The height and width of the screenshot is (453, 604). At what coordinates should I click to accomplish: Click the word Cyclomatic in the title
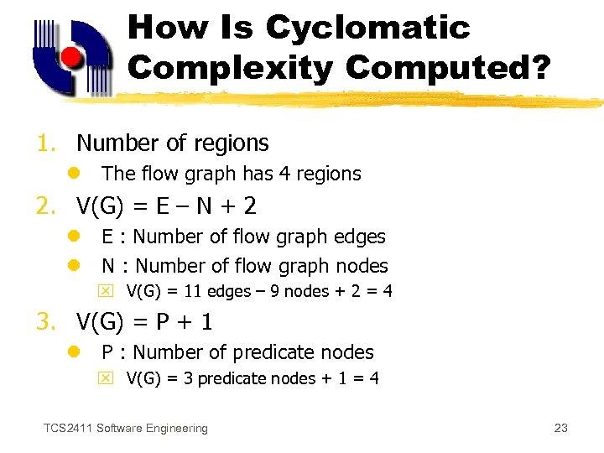coord(367,28)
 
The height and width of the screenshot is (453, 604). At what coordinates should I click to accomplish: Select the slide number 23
coord(561,429)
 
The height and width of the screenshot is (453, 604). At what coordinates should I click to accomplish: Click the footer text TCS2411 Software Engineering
coord(126,429)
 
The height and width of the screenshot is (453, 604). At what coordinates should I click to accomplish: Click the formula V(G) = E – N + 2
coord(166,206)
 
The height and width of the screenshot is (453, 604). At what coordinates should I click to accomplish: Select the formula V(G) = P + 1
coord(144,322)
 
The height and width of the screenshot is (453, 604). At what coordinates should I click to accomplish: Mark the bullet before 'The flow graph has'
coord(74,174)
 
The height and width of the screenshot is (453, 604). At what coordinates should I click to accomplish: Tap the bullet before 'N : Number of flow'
coord(74,266)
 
